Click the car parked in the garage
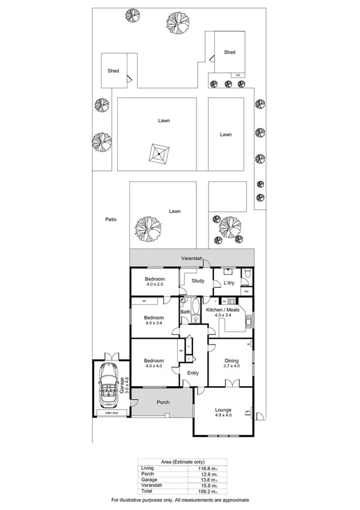point(110,387)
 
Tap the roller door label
point(110,413)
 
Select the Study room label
point(198,281)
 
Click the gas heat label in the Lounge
point(247,413)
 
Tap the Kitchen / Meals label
point(223,310)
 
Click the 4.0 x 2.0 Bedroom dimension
point(154,285)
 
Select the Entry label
point(193,373)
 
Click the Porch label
point(163,402)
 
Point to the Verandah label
point(193,259)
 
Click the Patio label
point(109,220)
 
